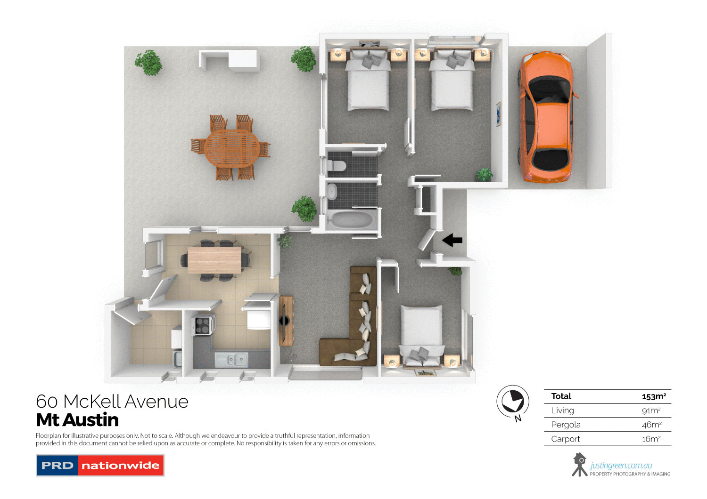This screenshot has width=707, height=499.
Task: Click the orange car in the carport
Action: pyautogui.click(x=547, y=118)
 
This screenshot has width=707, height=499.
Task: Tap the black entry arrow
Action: pyautogui.click(x=452, y=240)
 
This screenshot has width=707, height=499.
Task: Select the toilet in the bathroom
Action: pyautogui.click(x=337, y=166)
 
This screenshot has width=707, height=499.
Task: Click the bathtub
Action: pyautogui.click(x=352, y=219)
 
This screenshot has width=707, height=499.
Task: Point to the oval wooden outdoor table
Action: pyautogui.click(x=232, y=148)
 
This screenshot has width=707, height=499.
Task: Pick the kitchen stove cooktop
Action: pyautogui.click(x=203, y=325)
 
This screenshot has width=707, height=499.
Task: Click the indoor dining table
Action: pyautogui.click(x=214, y=260)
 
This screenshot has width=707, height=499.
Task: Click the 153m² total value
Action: pyautogui.click(x=654, y=396)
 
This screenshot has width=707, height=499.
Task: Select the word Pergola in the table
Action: pyautogui.click(x=566, y=425)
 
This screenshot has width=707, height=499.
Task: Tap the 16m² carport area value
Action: pyautogui.click(x=651, y=439)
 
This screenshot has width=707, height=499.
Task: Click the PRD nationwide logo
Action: pyautogui.click(x=100, y=465)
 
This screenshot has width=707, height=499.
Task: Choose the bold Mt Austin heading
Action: pyautogui.click(x=78, y=420)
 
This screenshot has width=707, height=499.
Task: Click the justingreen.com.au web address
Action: pyautogui.click(x=621, y=466)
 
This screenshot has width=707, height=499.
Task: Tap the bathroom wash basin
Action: pyautogui.click(x=332, y=191)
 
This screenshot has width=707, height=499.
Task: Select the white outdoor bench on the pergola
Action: pyautogui.click(x=230, y=59)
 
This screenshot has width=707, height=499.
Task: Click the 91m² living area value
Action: pyautogui.click(x=651, y=410)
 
